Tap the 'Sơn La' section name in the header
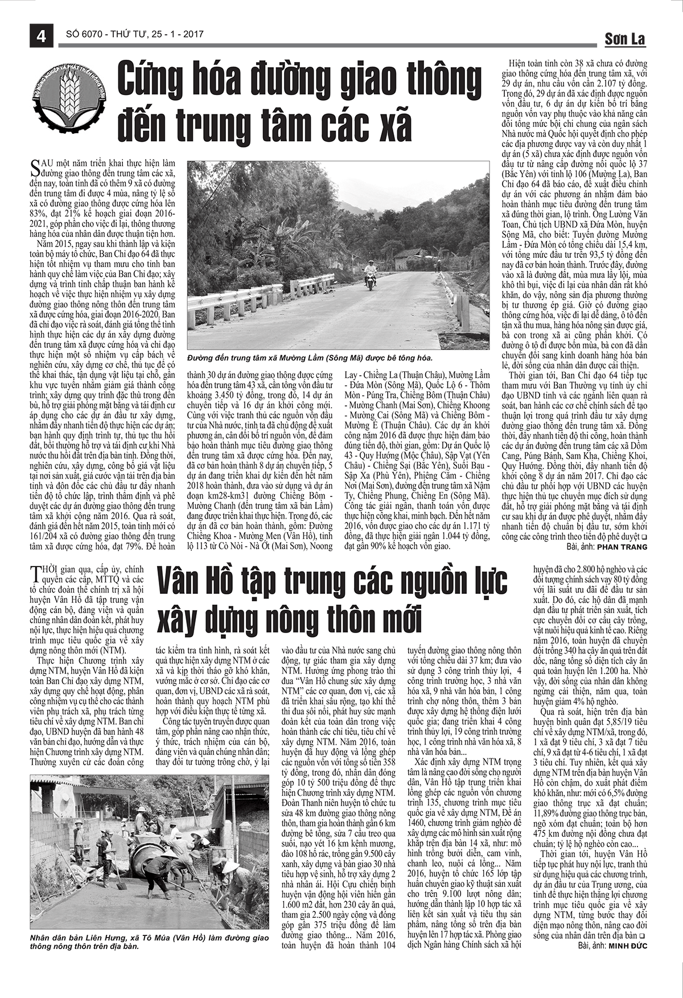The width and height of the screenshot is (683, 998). (x=624, y=39)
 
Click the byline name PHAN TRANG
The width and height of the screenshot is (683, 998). (x=622, y=547)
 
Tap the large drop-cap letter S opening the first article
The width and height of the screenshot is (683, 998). (x=35, y=166)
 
